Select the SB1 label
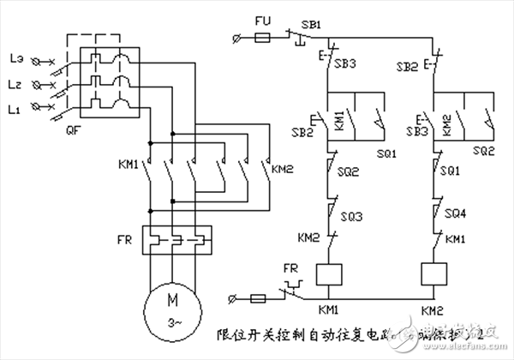[x=309, y=24]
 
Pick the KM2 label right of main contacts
[x=283, y=168]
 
